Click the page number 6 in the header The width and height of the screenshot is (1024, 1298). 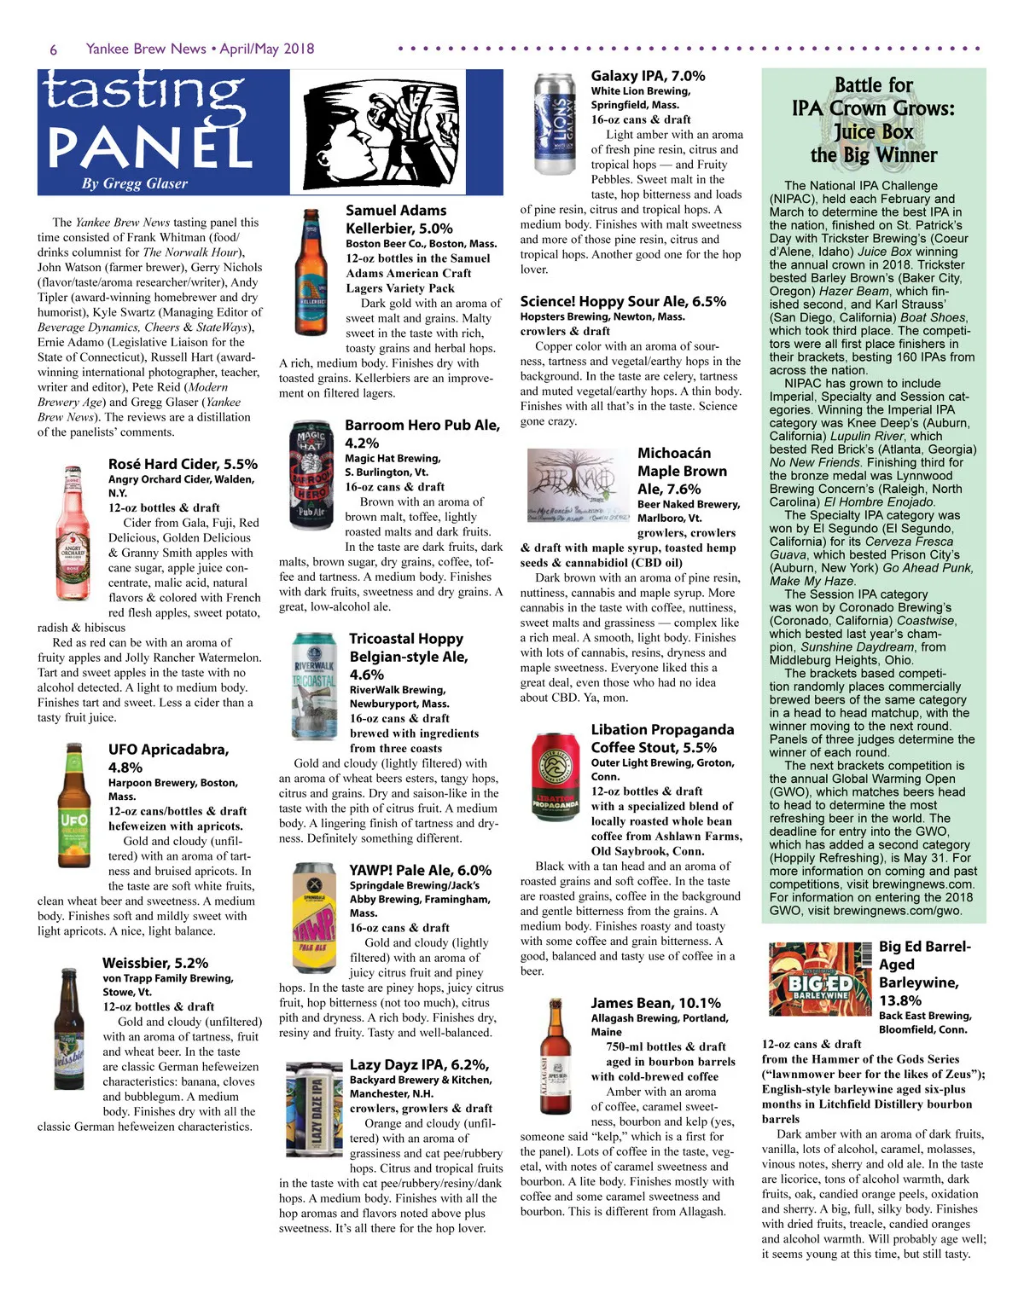(x=53, y=49)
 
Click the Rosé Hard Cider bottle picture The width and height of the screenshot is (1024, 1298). (x=73, y=522)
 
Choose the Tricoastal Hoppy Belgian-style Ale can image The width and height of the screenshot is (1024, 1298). (x=313, y=684)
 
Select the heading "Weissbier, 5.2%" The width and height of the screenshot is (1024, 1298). (x=155, y=963)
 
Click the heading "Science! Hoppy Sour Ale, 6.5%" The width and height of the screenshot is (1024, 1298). (x=623, y=301)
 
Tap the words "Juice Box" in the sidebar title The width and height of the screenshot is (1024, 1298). (x=873, y=132)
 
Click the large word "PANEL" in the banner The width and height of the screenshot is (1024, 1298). (x=149, y=147)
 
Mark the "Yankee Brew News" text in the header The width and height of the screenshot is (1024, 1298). (x=146, y=49)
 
